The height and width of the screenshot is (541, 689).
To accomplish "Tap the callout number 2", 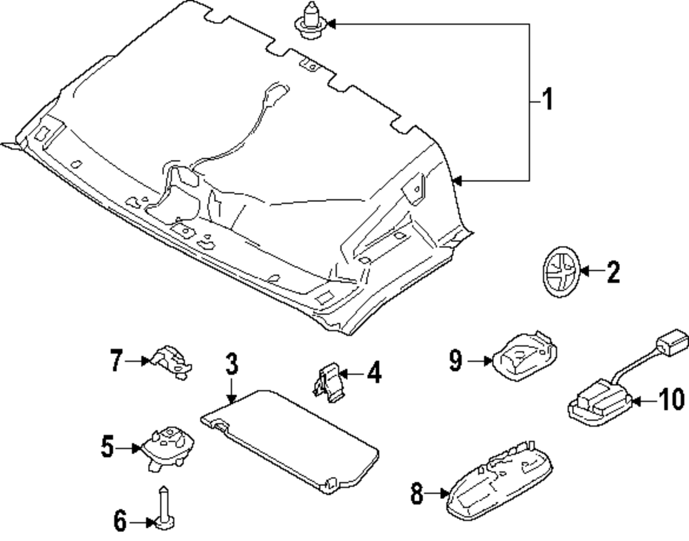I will tap(613, 273).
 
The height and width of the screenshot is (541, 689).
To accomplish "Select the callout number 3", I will tap(232, 363).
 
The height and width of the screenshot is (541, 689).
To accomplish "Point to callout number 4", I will tap(373, 374).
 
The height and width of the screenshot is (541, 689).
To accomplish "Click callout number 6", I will tap(120, 522).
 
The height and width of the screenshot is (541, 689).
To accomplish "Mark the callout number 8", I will tap(416, 493).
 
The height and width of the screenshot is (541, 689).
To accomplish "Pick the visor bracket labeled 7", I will tap(169, 360).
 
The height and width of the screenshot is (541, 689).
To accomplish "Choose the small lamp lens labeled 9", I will tap(523, 354).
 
